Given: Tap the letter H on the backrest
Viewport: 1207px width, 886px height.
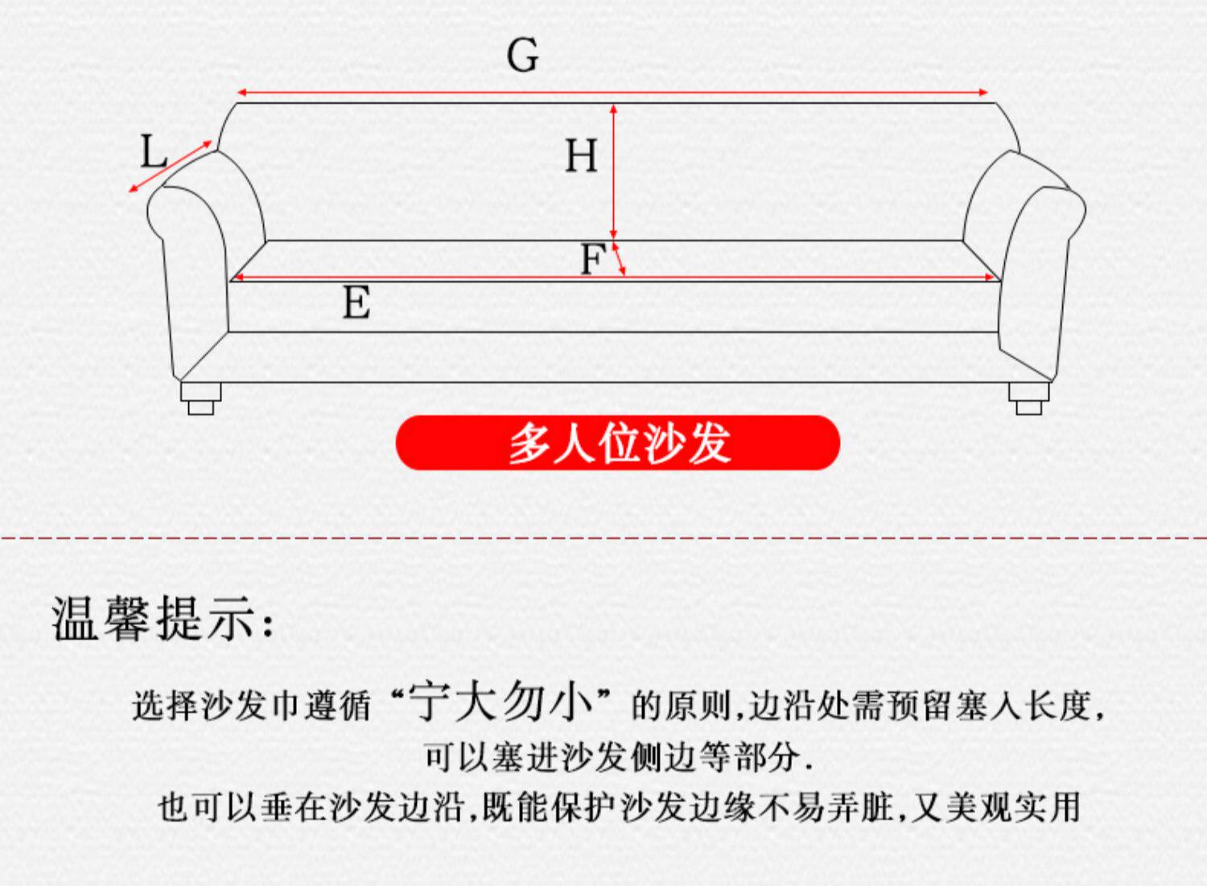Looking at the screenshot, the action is click(x=582, y=156).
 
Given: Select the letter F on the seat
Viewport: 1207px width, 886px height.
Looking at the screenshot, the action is click(x=592, y=259).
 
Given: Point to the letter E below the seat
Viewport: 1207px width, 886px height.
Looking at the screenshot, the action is click(x=356, y=303).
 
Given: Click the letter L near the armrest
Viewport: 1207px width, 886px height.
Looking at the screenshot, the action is click(x=154, y=151).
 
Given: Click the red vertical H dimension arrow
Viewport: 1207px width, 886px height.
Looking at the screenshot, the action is click(x=613, y=171).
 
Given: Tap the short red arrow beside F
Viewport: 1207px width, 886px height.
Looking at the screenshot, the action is click(x=619, y=259).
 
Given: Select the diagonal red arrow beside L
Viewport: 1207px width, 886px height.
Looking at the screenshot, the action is click(x=171, y=166).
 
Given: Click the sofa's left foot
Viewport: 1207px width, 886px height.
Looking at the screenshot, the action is click(x=201, y=399).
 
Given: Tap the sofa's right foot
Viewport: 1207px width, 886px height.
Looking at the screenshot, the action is click(x=1028, y=399).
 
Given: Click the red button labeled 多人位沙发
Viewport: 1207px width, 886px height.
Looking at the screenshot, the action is click(x=618, y=443).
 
